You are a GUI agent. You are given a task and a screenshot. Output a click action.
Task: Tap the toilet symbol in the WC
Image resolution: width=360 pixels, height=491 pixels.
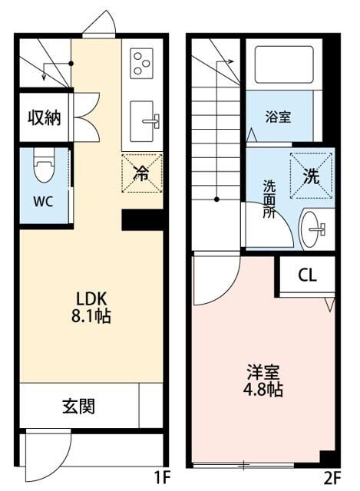(x=43, y=166)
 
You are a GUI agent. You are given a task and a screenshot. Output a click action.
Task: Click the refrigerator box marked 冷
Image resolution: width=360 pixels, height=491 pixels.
(x=142, y=172)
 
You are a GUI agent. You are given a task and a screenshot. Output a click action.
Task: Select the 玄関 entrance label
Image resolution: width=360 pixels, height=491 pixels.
(x=79, y=405)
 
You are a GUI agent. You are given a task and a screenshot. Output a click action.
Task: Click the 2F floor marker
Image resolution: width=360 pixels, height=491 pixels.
(x=332, y=478)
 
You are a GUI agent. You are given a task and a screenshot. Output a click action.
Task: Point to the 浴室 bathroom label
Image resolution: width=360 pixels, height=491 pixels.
(x=278, y=119)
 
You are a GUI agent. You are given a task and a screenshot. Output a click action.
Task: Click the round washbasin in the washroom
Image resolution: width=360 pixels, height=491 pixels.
(x=313, y=227)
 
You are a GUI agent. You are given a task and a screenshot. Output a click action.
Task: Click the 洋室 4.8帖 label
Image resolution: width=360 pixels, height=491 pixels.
(x=264, y=381)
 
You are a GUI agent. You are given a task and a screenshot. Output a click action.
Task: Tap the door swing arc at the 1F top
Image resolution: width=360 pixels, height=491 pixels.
(x=99, y=25)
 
